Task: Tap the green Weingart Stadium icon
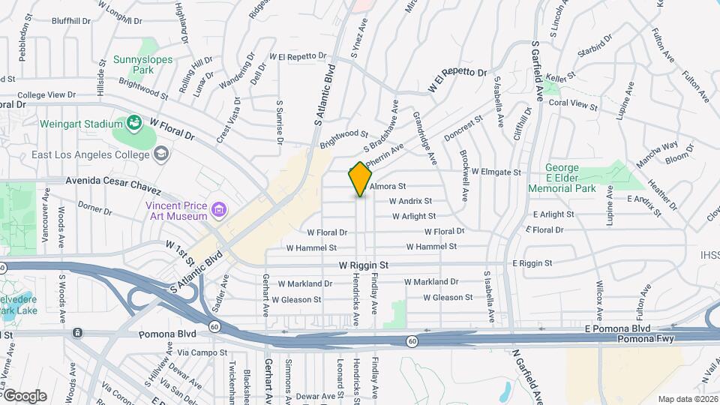coord(134,121)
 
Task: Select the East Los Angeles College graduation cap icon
coord(160,154)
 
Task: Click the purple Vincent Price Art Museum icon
coord(218,209)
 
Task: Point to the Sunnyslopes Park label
coord(142,65)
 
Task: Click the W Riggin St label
coord(363,265)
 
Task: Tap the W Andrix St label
coord(410,201)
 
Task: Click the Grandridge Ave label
coord(425,139)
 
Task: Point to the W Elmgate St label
coord(496,172)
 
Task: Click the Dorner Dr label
coord(94,208)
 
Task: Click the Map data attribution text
coord(687,399)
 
